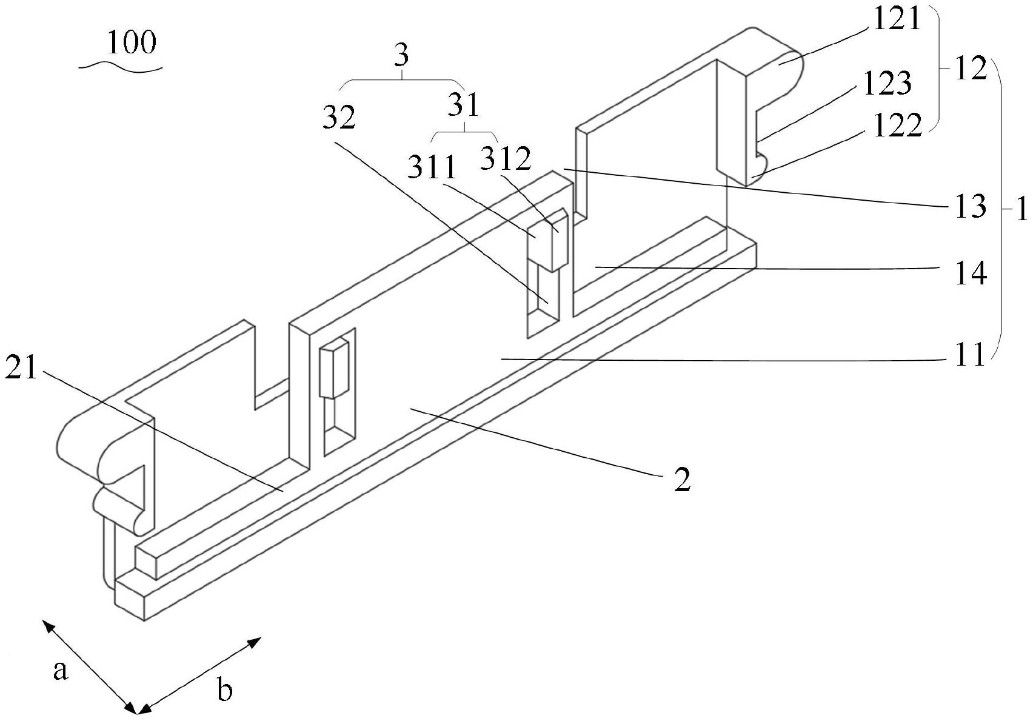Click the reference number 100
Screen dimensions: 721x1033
[x=131, y=43]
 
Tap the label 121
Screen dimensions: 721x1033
[x=897, y=20]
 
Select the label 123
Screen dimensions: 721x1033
[x=888, y=83]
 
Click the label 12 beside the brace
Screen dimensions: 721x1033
[x=969, y=70]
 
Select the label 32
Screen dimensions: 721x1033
[x=338, y=118]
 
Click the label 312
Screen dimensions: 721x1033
[x=506, y=158]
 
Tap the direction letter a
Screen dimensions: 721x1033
[x=59, y=671]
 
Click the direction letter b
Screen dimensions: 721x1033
[x=225, y=690]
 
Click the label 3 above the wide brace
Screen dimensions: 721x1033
[x=401, y=56]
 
